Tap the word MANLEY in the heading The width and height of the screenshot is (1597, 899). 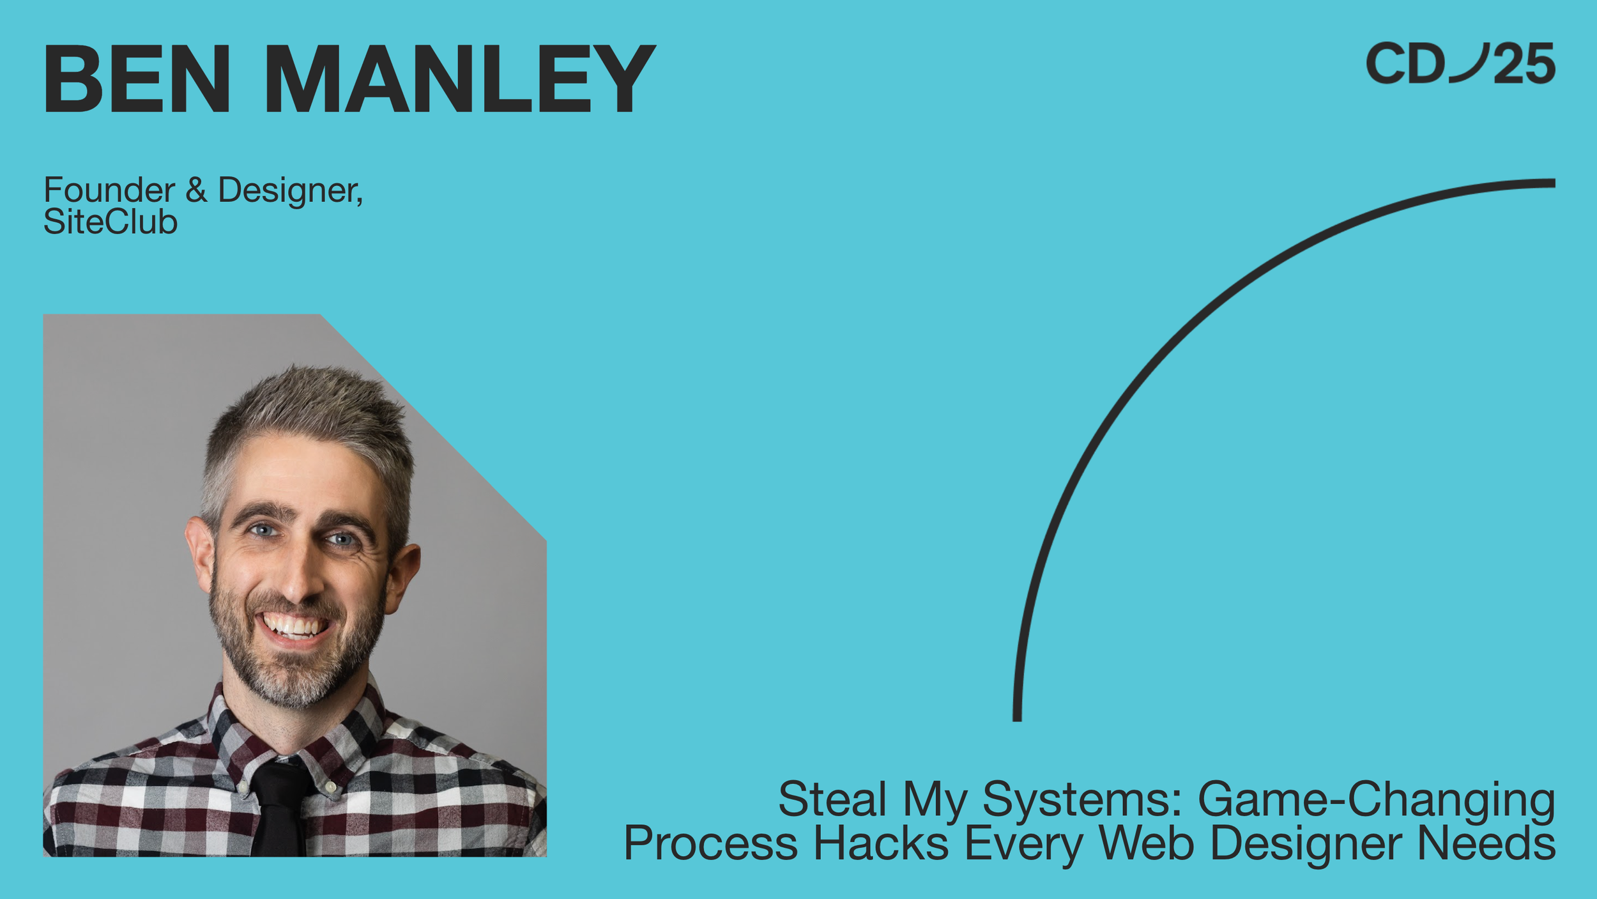click(461, 79)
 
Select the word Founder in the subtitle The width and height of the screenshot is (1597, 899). click(109, 190)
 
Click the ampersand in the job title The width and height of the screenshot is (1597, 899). click(197, 190)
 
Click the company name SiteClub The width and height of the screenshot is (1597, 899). click(111, 222)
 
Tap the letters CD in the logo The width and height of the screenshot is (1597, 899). click(1405, 63)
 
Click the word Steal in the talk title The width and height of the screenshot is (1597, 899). click(832, 799)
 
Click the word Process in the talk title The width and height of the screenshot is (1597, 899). click(710, 843)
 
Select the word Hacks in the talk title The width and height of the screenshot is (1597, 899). click(881, 843)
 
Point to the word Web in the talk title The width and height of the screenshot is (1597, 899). click(1146, 843)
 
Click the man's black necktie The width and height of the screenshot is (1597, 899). click(279, 808)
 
